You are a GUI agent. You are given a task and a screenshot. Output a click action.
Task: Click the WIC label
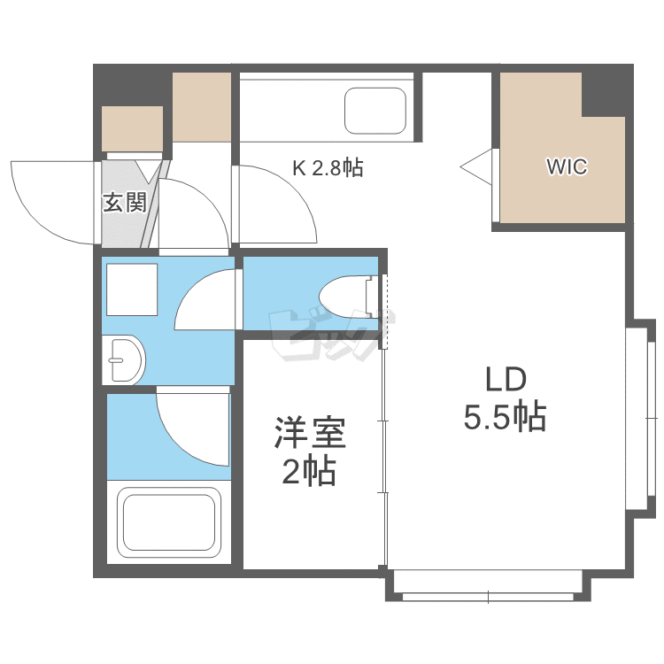[566, 166]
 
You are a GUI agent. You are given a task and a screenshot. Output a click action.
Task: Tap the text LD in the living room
[506, 380]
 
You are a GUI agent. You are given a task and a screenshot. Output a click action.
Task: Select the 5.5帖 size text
[505, 415]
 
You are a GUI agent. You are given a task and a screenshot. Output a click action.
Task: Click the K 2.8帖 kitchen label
[328, 167]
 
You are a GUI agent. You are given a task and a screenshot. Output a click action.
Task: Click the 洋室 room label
[309, 436]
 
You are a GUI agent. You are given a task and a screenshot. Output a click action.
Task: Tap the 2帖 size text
[309, 473]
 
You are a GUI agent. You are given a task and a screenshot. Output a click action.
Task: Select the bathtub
[170, 522]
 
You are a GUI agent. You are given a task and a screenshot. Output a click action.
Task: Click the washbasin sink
[124, 360]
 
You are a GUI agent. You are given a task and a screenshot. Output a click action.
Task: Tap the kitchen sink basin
[374, 111]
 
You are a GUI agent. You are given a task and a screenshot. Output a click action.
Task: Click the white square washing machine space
[131, 289]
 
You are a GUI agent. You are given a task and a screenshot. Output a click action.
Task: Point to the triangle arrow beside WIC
[477, 165]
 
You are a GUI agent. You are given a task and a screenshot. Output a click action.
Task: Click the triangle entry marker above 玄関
[148, 169]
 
